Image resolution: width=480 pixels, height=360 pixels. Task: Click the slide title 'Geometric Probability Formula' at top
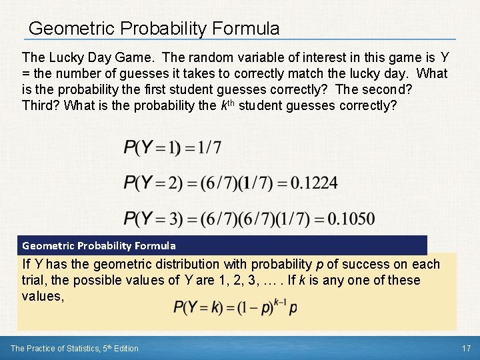(x=154, y=29)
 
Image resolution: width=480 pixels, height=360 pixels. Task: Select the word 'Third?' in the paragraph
(x=41, y=105)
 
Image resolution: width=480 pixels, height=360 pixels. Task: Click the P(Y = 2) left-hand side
(x=149, y=183)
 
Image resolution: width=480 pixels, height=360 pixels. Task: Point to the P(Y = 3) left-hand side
(x=149, y=219)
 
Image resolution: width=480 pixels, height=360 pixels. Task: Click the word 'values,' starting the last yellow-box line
(x=43, y=296)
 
